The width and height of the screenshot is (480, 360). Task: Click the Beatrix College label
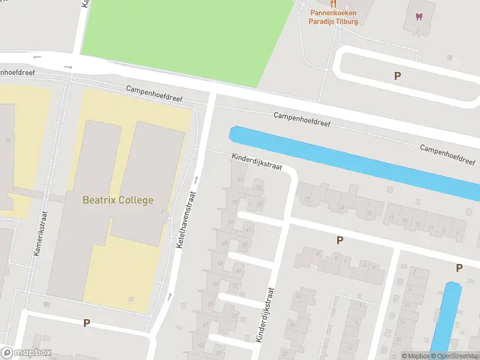point(118,200)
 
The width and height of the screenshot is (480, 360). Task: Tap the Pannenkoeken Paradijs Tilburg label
point(333,17)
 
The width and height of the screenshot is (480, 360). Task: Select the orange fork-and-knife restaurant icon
point(333,4)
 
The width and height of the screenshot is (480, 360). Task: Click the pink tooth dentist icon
point(418,16)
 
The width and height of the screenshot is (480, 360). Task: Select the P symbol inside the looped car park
point(397,76)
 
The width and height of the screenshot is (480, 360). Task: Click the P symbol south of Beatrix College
point(86,323)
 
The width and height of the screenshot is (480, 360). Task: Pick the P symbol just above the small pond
point(459,268)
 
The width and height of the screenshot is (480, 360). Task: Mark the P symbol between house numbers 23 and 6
point(340,241)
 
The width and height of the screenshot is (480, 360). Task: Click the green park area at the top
point(186,36)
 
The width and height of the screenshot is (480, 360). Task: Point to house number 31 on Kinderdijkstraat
point(241,180)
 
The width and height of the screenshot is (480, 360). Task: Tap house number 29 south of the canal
point(308,200)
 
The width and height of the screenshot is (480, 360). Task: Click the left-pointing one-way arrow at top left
point(38,57)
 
